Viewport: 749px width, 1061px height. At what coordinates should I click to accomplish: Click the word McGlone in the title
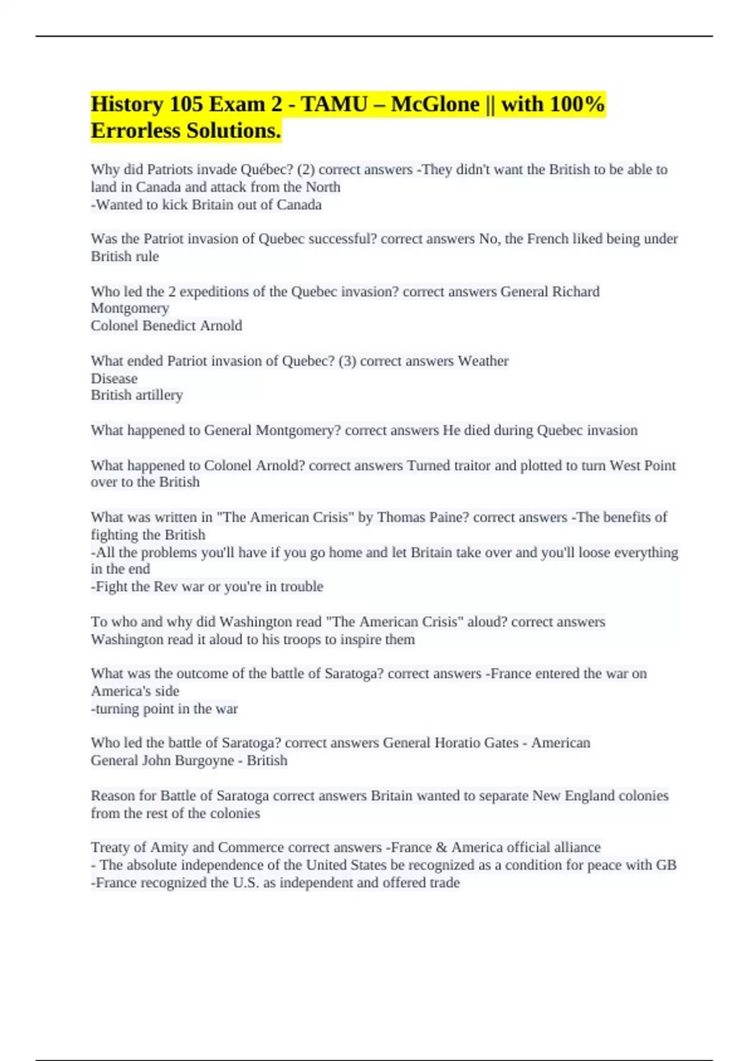click(x=435, y=104)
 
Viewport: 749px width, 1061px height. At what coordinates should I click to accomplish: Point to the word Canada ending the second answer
click(x=299, y=205)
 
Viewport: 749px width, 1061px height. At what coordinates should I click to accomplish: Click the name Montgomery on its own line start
click(x=130, y=308)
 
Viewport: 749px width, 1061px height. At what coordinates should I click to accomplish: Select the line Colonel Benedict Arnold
click(x=166, y=326)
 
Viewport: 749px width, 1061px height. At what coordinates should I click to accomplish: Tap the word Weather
click(x=483, y=361)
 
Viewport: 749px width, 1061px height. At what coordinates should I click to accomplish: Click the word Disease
click(x=114, y=379)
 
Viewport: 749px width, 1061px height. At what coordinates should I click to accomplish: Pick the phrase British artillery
click(x=137, y=395)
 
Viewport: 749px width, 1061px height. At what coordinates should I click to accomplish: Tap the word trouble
click(x=301, y=587)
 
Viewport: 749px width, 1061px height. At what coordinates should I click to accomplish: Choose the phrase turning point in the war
click(x=165, y=709)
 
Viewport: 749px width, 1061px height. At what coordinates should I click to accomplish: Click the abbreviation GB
click(x=666, y=865)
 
